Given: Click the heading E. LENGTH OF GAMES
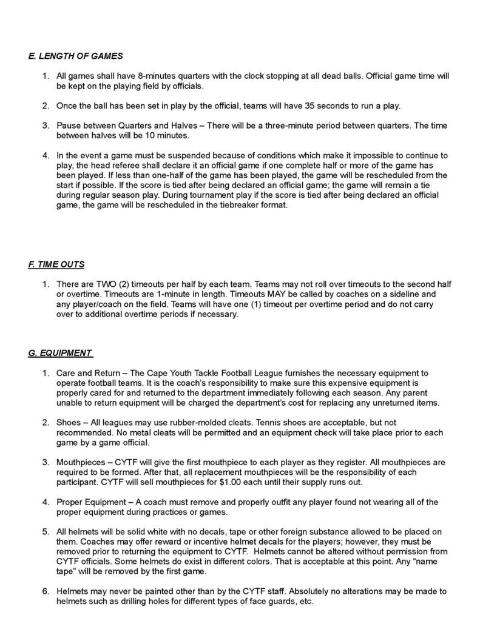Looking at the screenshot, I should tap(75, 56).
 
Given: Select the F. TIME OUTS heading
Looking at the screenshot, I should tap(56, 264).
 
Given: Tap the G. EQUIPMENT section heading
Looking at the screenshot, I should tap(61, 352).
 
